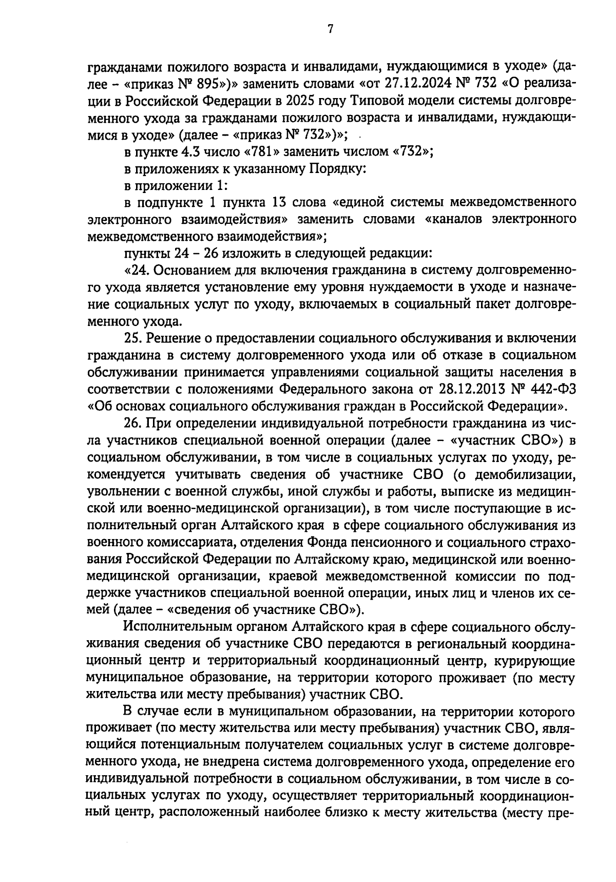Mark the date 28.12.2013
pos(476,389)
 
